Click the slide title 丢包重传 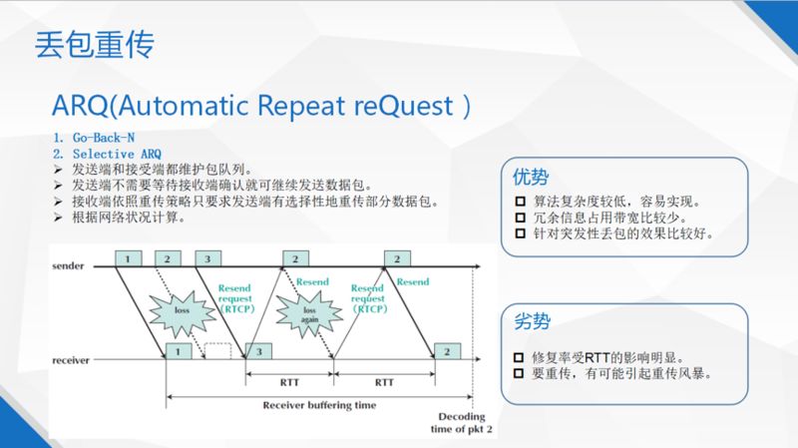point(95,45)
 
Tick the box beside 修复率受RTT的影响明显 point(518,357)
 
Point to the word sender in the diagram point(68,267)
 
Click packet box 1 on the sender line point(128,259)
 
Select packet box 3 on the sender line point(206,259)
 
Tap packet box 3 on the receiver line point(257,351)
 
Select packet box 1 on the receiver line point(176,351)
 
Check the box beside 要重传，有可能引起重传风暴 point(518,373)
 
